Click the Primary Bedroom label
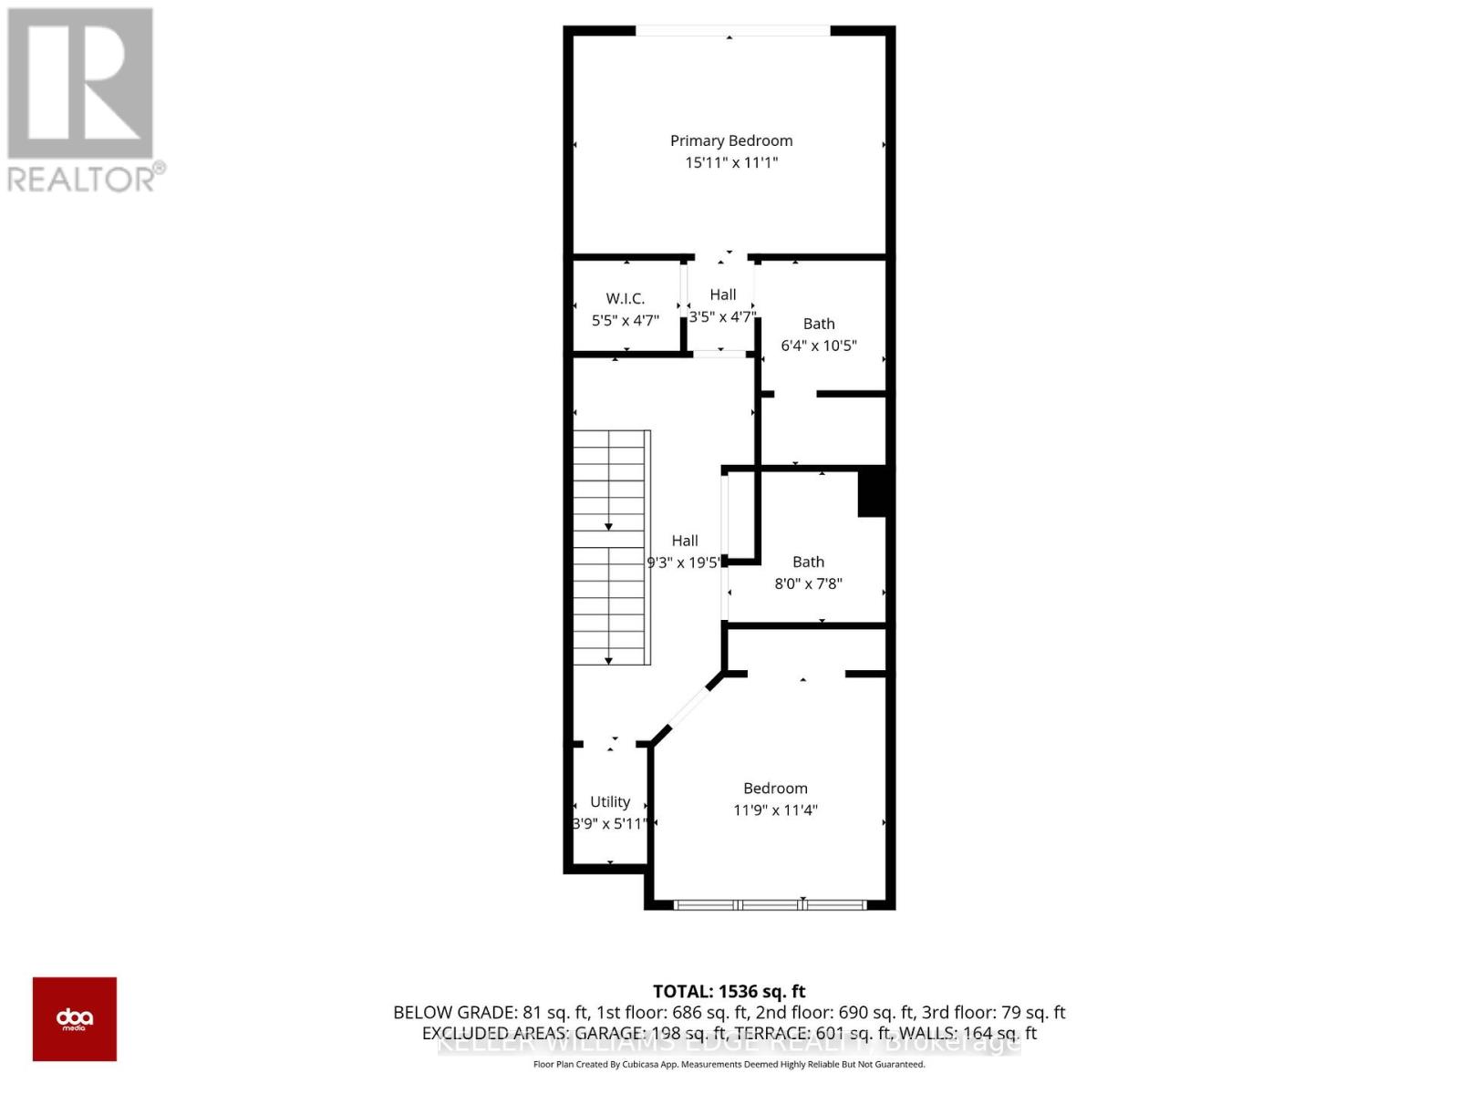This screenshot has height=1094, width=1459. pyautogui.click(x=731, y=140)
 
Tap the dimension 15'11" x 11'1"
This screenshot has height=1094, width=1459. pyautogui.click(x=731, y=162)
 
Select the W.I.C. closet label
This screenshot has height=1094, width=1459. pyautogui.click(x=626, y=298)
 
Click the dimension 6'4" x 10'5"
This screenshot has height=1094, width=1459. pyautogui.click(x=819, y=346)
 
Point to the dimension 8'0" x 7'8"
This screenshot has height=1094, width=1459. pyautogui.click(x=808, y=583)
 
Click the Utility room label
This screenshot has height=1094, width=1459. pyautogui.click(x=610, y=801)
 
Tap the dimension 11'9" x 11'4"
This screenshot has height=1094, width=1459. pyautogui.click(x=775, y=810)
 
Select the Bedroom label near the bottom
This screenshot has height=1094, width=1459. pyautogui.click(x=775, y=788)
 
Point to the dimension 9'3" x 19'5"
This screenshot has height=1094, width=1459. pyautogui.click(x=684, y=562)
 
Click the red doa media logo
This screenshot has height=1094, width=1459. pyautogui.click(x=75, y=1019)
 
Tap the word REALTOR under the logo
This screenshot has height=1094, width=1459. pyautogui.click(x=82, y=179)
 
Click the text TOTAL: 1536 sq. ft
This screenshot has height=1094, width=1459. pyautogui.click(x=729, y=991)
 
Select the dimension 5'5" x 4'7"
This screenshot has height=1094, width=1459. pyautogui.click(x=626, y=320)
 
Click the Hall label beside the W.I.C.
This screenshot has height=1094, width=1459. pyautogui.click(x=723, y=294)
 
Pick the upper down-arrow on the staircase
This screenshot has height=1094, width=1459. pyautogui.click(x=608, y=527)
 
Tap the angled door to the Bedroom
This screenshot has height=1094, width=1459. pyautogui.click(x=689, y=703)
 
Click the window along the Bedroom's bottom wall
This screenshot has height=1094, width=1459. pyautogui.click(x=771, y=904)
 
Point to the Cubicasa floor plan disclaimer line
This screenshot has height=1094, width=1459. pyautogui.click(x=729, y=1064)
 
